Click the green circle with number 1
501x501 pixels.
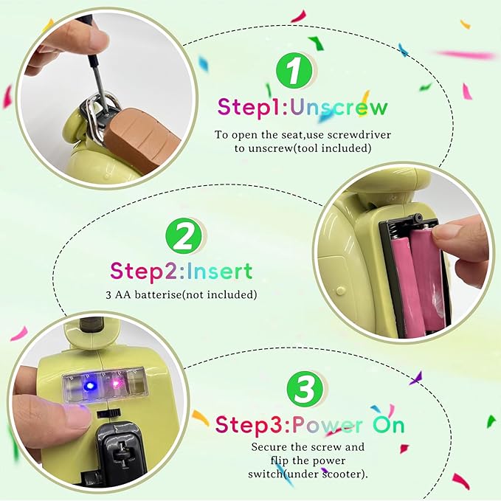(x=294, y=71)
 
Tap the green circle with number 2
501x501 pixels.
(x=184, y=236)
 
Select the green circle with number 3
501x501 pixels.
(x=305, y=390)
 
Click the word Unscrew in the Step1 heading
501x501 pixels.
(x=339, y=108)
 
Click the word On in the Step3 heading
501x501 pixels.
(x=389, y=425)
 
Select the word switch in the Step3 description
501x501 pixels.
(x=265, y=474)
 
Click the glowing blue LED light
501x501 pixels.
(x=90, y=386)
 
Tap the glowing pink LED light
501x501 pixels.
(x=115, y=383)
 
